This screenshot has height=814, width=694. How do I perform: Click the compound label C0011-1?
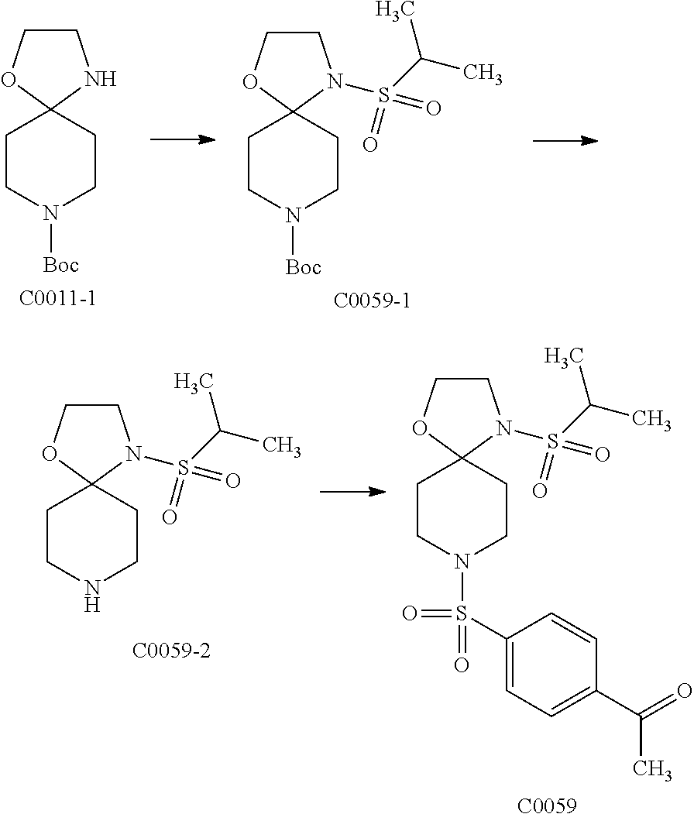click(58, 299)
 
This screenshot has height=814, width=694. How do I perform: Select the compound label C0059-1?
click(372, 300)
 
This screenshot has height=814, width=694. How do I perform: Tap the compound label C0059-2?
click(171, 650)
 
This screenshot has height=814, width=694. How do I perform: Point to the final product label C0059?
click(547, 805)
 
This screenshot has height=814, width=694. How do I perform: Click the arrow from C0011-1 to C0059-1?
click(182, 139)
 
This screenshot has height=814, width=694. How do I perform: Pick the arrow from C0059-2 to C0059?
click(353, 492)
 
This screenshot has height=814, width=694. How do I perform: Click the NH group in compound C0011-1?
click(101, 79)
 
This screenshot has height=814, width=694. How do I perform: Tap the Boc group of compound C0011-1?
click(60, 265)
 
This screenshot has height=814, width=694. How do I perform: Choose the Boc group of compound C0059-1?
click(303, 267)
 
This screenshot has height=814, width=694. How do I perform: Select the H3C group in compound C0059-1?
click(395, 11)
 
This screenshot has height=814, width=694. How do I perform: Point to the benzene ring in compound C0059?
click(551, 665)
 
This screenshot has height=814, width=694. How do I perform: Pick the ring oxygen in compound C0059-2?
click(50, 453)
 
